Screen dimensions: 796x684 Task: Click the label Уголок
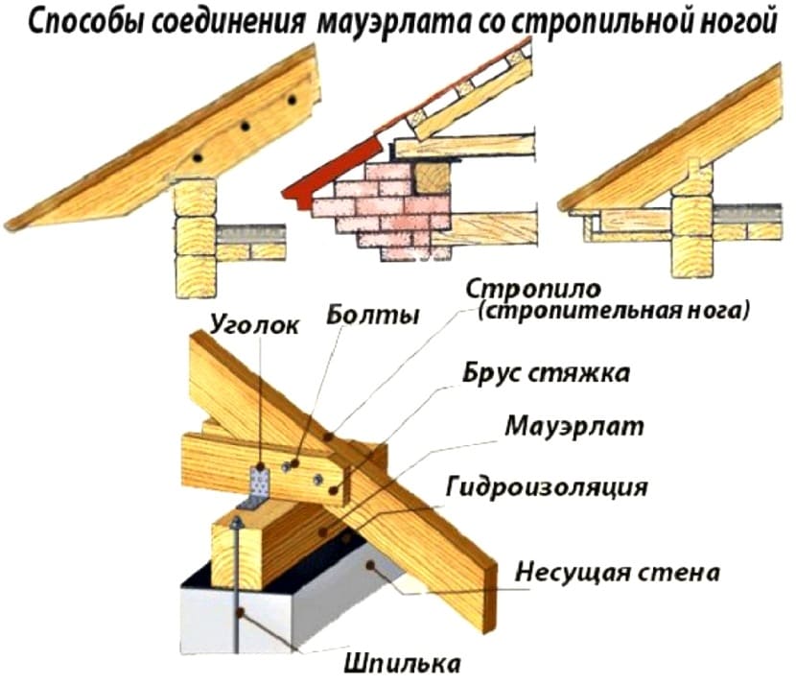tap(255, 325)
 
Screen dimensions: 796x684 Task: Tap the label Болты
tap(373, 315)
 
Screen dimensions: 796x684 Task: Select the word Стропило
tap(533, 291)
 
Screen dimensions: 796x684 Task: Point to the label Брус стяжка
tap(547, 373)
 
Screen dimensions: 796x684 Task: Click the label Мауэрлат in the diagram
tap(574, 427)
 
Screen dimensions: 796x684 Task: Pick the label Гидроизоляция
tap(547, 487)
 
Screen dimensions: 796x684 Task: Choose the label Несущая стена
tap(618, 573)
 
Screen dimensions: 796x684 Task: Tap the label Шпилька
tap(402, 663)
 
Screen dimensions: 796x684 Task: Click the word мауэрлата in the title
tap(394, 23)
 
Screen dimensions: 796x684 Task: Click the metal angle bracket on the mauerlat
tap(257, 488)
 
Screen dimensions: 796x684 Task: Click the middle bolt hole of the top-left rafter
tap(246, 126)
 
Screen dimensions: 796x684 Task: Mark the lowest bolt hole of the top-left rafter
tap(198, 157)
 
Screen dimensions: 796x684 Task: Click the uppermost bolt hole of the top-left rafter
tap(292, 100)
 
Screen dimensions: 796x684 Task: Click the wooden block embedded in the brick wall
tap(433, 177)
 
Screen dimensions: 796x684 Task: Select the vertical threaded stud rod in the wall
tap(236, 584)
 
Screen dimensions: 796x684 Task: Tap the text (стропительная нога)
tap(613, 310)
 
